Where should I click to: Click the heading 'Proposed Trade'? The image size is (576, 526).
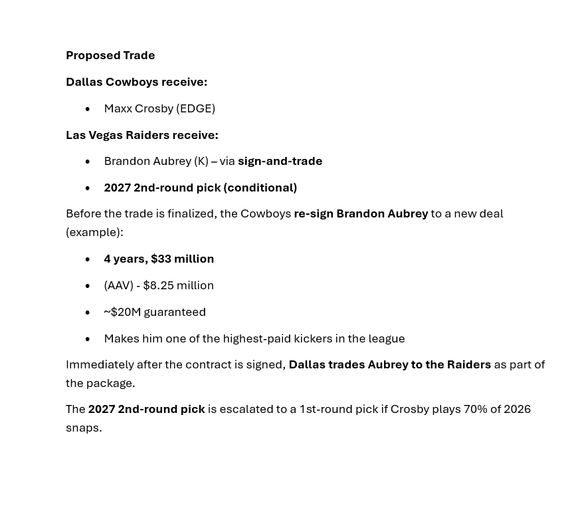click(x=110, y=55)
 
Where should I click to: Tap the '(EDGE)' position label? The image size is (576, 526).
click(x=195, y=108)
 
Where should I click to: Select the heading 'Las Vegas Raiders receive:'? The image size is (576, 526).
click(x=142, y=135)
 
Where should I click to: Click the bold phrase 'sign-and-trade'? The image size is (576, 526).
click(x=280, y=161)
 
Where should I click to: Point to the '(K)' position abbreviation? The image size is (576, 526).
click(x=201, y=161)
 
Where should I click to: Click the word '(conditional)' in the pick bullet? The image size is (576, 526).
click(x=260, y=188)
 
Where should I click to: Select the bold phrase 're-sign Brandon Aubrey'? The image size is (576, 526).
click(x=361, y=213)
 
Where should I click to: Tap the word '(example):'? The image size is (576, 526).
click(x=94, y=232)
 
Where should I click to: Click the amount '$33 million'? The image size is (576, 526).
click(x=182, y=259)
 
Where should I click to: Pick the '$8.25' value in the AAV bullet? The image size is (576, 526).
click(x=158, y=285)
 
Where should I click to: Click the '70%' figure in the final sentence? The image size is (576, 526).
click(x=475, y=409)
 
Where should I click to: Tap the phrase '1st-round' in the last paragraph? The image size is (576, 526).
click(x=326, y=409)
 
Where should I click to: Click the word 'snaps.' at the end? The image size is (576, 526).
click(x=84, y=428)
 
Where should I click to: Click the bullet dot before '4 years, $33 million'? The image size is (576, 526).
click(x=88, y=259)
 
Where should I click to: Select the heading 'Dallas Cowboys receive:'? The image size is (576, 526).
click(x=136, y=82)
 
